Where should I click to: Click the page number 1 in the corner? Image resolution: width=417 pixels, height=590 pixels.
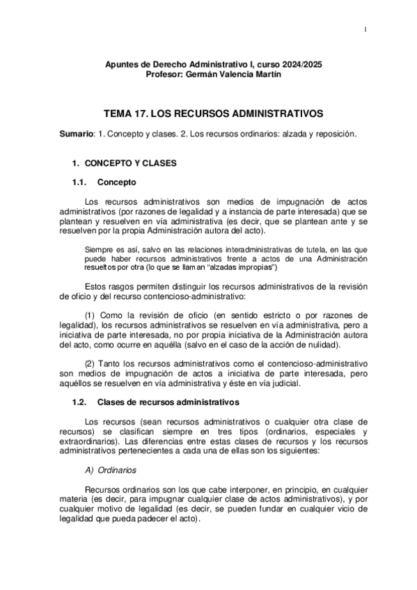365,29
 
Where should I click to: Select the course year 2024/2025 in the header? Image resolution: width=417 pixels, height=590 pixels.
301,64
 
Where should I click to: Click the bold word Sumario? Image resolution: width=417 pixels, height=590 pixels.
76,134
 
